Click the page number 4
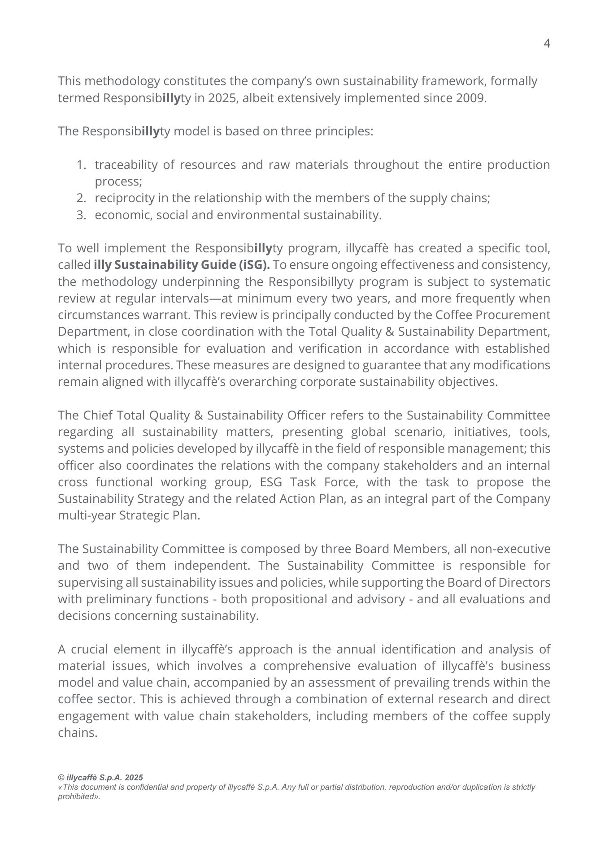pyautogui.click(x=547, y=43)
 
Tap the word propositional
pyautogui.click(x=278, y=599)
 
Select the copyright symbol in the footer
pyautogui.click(x=61, y=778)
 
